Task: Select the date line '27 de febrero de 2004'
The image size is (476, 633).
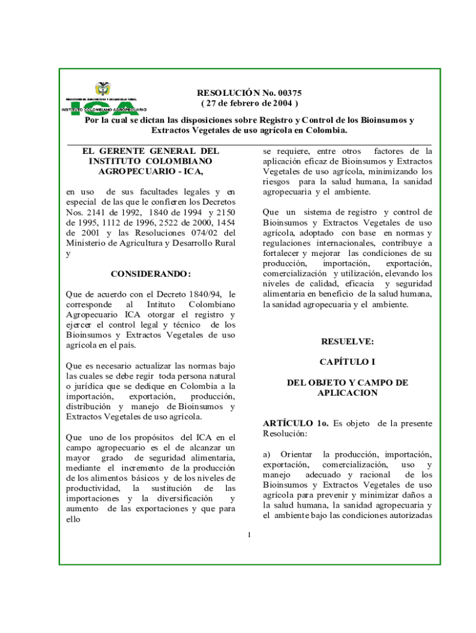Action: click(x=249, y=103)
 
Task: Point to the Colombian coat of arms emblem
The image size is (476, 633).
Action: click(x=103, y=90)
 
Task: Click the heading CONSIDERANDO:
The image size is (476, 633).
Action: click(x=151, y=274)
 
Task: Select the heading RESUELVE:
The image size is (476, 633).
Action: click(x=347, y=341)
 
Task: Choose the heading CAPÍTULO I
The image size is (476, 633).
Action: click(x=347, y=360)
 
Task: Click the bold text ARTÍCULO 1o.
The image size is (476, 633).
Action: click(x=295, y=423)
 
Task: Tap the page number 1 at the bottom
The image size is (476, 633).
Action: click(x=248, y=535)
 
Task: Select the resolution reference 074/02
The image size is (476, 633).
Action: click(x=206, y=233)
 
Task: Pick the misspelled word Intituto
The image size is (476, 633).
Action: click(x=163, y=305)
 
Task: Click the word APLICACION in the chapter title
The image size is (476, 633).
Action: click(x=347, y=393)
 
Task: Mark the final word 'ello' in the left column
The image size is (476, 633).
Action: click(x=74, y=519)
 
